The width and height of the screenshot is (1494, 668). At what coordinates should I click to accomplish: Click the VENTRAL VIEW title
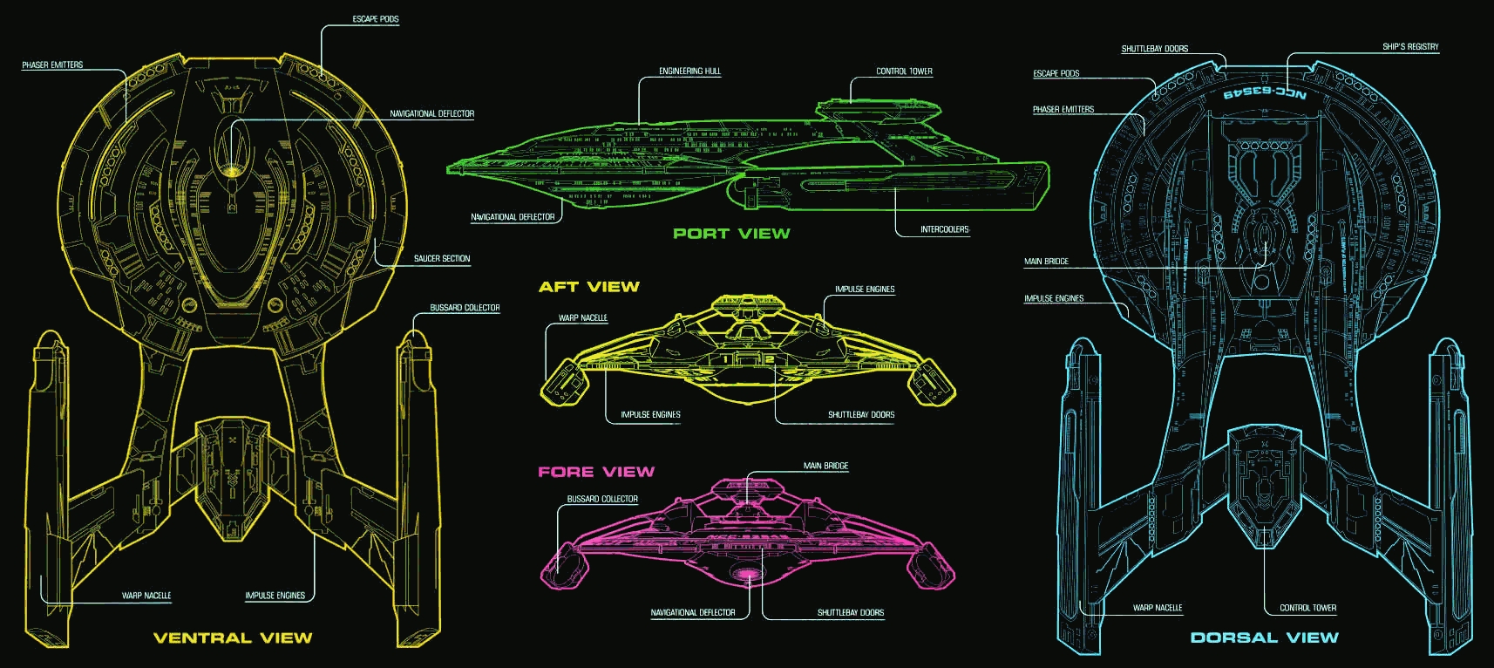point(233,637)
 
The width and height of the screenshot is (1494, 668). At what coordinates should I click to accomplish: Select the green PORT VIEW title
point(731,233)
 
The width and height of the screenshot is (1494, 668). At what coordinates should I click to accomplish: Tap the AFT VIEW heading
point(589,286)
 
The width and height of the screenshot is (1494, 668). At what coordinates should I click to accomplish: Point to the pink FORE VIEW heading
point(596,471)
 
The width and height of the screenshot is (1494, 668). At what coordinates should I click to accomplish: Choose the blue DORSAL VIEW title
point(1264,637)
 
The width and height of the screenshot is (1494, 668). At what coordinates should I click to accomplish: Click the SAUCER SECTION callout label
point(442,258)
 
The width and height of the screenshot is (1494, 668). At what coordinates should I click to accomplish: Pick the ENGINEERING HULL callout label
point(689,72)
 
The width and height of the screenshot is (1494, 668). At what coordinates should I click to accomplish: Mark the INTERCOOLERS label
point(945,229)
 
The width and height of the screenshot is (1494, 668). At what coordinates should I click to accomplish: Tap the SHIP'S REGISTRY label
point(1410,47)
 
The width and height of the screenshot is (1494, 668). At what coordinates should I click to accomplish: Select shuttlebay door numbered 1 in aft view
point(725,359)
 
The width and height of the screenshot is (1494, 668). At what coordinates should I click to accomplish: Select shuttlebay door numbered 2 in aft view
point(770,359)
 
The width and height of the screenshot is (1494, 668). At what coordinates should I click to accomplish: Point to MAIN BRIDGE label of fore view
point(825,466)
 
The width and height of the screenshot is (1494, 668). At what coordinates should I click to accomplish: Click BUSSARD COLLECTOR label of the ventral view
point(465,308)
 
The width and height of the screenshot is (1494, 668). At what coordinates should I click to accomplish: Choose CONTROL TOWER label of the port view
point(904,72)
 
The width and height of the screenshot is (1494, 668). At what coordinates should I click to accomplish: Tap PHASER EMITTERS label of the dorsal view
point(1063,110)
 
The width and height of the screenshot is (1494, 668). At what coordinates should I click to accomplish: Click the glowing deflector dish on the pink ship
point(746,574)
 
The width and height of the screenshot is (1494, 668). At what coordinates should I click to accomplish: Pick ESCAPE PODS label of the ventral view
point(376,19)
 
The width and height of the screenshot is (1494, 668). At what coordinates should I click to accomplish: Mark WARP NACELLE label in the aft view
point(582,318)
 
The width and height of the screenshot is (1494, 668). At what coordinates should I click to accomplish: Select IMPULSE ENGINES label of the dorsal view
point(1054,298)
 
